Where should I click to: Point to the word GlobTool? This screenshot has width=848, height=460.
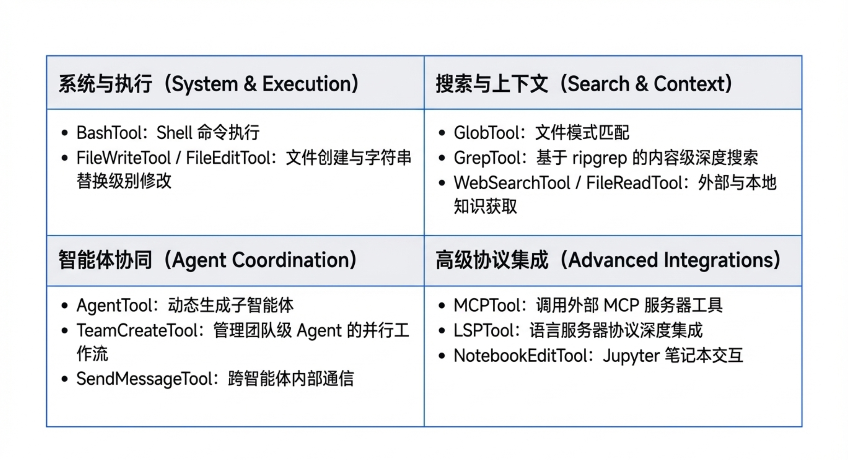point(483,133)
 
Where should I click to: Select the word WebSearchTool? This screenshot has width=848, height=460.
point(512,183)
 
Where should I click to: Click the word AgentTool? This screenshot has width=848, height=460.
point(112,306)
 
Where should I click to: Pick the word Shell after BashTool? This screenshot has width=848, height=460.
point(174,133)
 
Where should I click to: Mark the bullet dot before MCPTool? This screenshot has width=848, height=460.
point(442,306)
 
